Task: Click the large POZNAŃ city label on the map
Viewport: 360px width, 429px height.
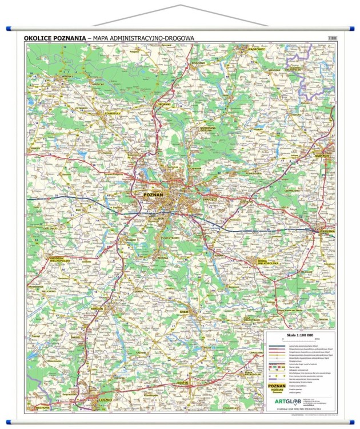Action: click(x=152, y=194)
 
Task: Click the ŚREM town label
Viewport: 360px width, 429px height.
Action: click(x=184, y=312)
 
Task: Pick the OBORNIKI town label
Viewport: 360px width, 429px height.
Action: click(x=164, y=104)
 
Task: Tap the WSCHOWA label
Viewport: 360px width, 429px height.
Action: click(x=41, y=408)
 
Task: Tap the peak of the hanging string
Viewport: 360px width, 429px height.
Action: click(x=181, y=5)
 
